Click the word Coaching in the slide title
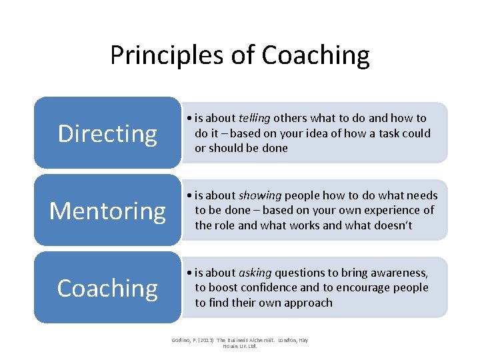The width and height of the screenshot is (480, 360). (x=315, y=55)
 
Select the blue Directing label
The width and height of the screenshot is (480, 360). (x=107, y=133)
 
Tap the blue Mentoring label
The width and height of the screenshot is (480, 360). (x=107, y=211)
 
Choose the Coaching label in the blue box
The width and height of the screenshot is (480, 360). (x=107, y=288)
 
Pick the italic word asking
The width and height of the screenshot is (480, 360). (x=255, y=273)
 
